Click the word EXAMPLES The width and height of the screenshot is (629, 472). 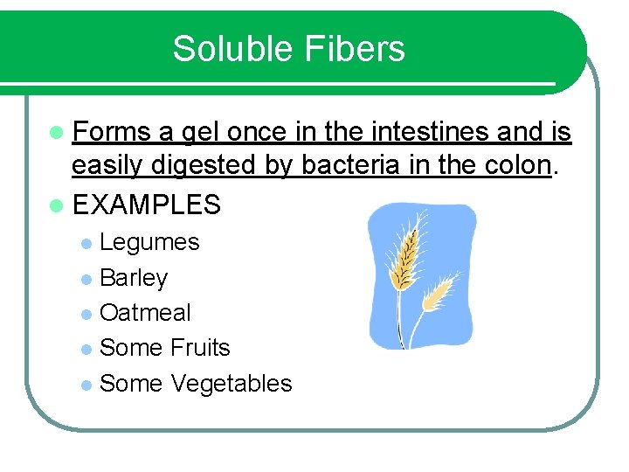pyautogui.click(x=147, y=205)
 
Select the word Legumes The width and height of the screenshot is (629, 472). pyautogui.click(x=149, y=242)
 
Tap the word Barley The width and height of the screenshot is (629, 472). pyautogui.click(x=134, y=278)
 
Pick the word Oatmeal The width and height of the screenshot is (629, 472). pyautogui.click(x=145, y=313)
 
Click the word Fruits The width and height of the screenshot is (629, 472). pyautogui.click(x=200, y=348)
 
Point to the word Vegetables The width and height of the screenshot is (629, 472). pyautogui.click(x=232, y=384)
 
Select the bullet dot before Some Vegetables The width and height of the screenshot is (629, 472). pyautogui.click(x=86, y=385)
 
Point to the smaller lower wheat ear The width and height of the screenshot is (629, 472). pyautogui.click(x=439, y=293)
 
